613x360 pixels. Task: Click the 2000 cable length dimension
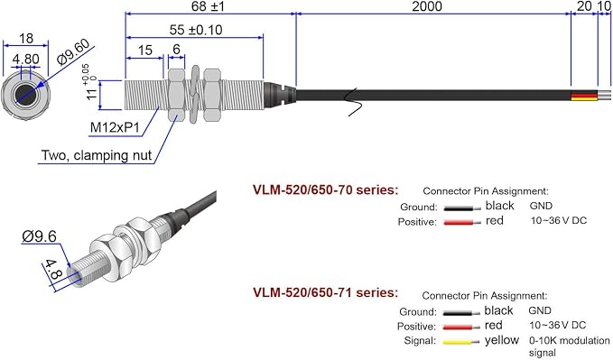coord(427,6)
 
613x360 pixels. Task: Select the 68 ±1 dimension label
coord(208,6)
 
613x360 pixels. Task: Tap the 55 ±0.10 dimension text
coord(196,30)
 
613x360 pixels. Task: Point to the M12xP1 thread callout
coord(115,127)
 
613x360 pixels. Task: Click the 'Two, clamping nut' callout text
coord(97,155)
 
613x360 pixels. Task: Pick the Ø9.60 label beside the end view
coord(73,52)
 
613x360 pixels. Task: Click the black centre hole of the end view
coord(26,95)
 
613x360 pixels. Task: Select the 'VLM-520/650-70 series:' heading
coord(325,189)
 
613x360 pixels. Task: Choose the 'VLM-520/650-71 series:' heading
coord(325,292)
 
